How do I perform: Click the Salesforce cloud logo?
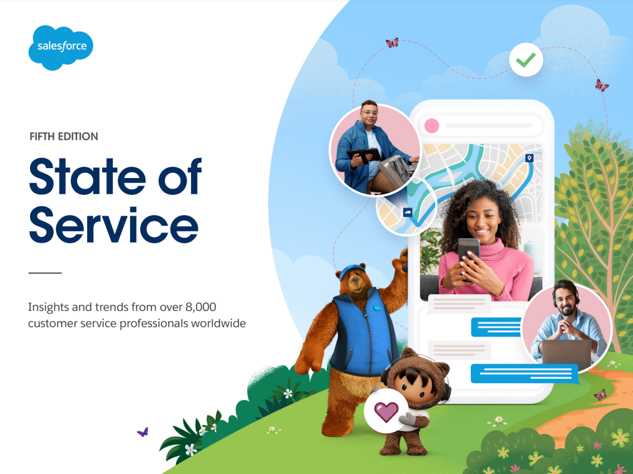(x=61, y=47)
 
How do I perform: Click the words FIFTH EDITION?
(x=64, y=137)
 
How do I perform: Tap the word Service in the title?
(x=114, y=224)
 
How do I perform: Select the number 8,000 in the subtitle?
(x=200, y=307)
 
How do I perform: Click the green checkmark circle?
(x=525, y=60)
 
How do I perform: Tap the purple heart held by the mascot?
(x=386, y=412)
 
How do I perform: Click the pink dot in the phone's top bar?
(x=431, y=125)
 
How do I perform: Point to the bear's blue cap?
(x=352, y=270)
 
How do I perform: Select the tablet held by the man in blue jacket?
(x=363, y=155)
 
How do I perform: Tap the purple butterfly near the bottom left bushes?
(x=143, y=433)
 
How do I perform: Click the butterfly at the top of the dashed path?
(x=392, y=43)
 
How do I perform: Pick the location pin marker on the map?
(x=529, y=157)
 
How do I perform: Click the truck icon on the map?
(x=408, y=212)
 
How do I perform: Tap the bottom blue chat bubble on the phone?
(x=525, y=374)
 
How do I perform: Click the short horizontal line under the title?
(x=45, y=273)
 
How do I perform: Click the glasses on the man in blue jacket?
(x=369, y=113)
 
